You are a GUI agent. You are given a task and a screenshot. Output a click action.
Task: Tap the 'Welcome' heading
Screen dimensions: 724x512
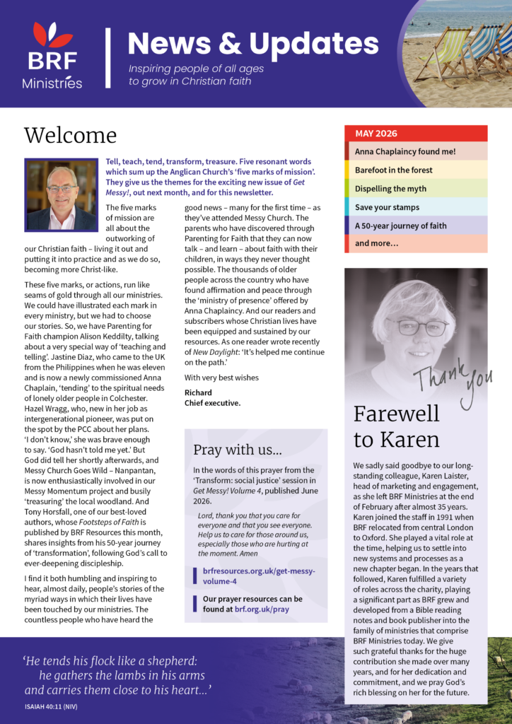[x=70, y=135]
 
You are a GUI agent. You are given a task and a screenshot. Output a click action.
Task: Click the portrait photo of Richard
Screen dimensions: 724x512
[x=61, y=194]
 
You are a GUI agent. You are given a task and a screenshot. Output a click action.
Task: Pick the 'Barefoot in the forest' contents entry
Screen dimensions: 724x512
[x=393, y=170]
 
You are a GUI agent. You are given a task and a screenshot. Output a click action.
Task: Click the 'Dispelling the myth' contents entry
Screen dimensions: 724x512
[x=390, y=189]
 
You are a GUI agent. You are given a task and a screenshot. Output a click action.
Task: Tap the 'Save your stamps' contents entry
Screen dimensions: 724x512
[x=387, y=207]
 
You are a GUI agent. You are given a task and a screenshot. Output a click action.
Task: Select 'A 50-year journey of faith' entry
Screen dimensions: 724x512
[x=400, y=226]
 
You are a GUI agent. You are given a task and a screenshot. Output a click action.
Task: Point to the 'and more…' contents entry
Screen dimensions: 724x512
[x=376, y=244]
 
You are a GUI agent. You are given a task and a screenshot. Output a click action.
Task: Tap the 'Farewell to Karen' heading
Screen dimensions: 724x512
[x=396, y=426]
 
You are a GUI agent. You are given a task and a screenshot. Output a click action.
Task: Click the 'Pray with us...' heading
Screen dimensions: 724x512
[x=238, y=450]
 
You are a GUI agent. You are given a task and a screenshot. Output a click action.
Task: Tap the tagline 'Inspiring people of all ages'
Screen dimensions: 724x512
[x=196, y=69]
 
